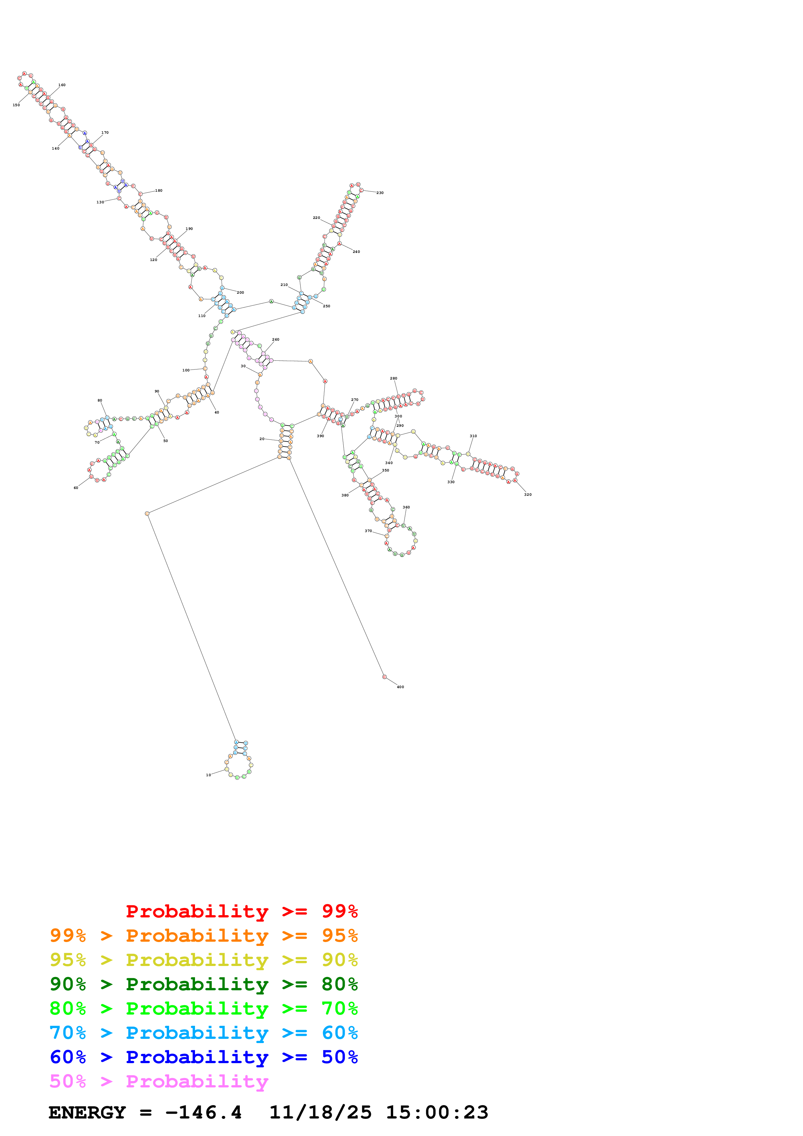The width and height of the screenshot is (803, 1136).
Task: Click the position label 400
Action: pyautogui.click(x=400, y=687)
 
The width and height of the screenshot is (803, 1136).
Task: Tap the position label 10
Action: pyautogui.click(x=208, y=775)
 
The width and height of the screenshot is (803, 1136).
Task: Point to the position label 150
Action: pyautogui.click(x=16, y=105)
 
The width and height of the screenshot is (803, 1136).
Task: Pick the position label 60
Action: pyautogui.click(x=76, y=487)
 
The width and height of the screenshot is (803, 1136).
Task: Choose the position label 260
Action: pyautogui.click(x=276, y=339)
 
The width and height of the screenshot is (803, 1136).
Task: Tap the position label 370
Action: pyautogui.click(x=368, y=531)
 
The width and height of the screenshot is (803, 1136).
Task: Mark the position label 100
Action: pyautogui.click(x=186, y=370)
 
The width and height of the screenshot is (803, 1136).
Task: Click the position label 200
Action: pyautogui.click(x=240, y=292)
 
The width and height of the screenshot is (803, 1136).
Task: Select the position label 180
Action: pyautogui.click(x=159, y=190)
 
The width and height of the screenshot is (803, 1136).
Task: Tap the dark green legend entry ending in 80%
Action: pyautogui.click(x=203, y=984)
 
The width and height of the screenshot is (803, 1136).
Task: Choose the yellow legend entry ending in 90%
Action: pyautogui.click(x=203, y=960)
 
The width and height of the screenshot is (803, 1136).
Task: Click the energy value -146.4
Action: pyautogui.click(x=203, y=1112)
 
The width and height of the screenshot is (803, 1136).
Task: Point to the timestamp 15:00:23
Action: pyautogui.click(x=437, y=1112)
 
